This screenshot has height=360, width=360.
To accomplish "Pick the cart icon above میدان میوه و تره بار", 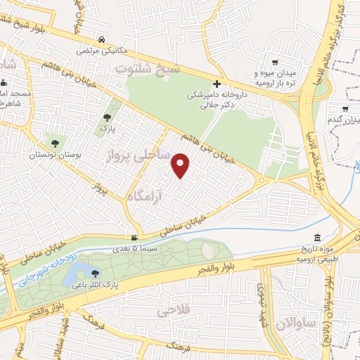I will coord(275,62).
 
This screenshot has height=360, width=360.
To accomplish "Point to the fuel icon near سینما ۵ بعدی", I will coord(134,238).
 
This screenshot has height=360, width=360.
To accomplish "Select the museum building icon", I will coord(318,238).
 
